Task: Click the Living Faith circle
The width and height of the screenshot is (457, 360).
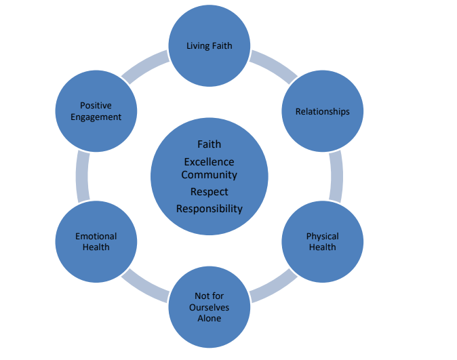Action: [x=209, y=46]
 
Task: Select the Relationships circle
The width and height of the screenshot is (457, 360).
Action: [x=322, y=111]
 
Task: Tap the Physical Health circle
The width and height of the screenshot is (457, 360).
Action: [x=322, y=241]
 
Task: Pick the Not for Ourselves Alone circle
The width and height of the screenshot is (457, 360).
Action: [x=209, y=307]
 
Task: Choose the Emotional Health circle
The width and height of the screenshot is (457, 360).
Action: [x=96, y=241]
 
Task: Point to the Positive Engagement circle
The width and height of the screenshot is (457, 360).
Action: [x=96, y=111]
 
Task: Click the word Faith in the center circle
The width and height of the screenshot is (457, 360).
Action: [x=209, y=144]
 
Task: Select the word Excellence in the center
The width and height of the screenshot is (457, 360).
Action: [x=209, y=162]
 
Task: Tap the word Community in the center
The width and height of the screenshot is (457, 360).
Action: [x=209, y=175]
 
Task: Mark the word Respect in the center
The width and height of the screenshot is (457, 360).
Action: [x=209, y=192]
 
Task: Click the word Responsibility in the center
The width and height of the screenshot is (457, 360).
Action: [x=209, y=209]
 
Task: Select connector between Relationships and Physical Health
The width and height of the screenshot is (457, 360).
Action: [x=336, y=176]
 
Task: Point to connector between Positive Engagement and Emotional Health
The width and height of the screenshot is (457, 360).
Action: [x=82, y=176]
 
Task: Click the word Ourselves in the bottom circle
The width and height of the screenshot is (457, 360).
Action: [x=209, y=307]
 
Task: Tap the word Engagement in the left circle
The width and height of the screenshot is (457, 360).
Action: [x=96, y=117]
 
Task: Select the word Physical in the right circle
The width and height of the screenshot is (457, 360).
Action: [x=322, y=236]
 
